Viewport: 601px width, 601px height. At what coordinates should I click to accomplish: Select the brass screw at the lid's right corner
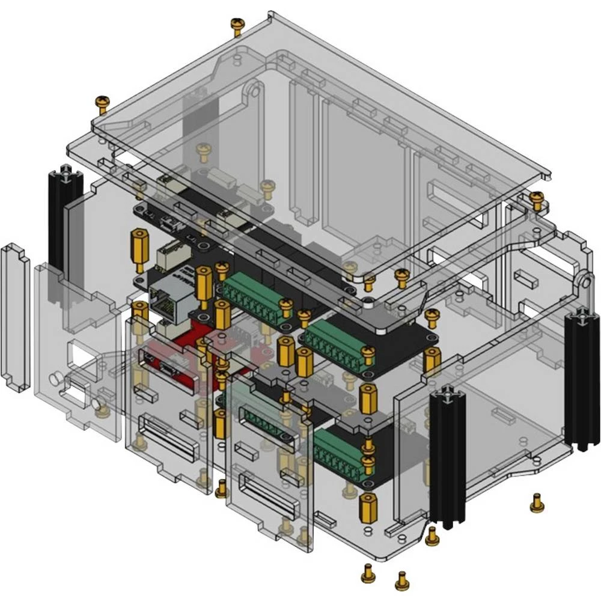pyautogui.click(x=536, y=200)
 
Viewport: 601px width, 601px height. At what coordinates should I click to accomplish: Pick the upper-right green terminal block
pyautogui.click(x=337, y=345)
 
